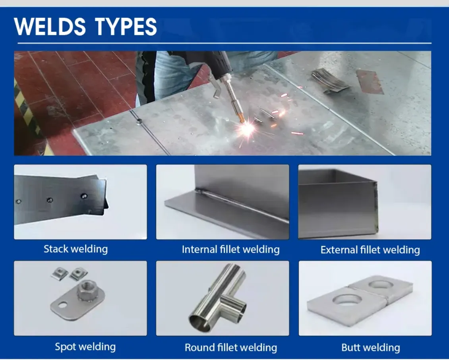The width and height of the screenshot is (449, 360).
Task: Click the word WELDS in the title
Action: (x=50, y=27)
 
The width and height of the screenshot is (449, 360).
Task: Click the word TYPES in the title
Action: (x=126, y=27)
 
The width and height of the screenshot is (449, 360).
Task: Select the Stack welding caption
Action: (x=75, y=249)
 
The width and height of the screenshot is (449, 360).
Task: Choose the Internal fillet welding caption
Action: (x=230, y=250)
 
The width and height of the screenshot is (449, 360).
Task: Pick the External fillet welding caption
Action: (x=370, y=250)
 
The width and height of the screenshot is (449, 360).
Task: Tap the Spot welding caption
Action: (x=85, y=346)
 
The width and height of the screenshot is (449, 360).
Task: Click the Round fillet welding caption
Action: (x=231, y=347)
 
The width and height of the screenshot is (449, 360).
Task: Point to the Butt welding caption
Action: (x=371, y=347)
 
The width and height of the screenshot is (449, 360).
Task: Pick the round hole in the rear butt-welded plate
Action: (x=380, y=284)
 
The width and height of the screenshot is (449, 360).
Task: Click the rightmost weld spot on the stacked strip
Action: (x=84, y=196)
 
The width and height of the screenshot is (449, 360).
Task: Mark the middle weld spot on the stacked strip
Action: (x=50, y=199)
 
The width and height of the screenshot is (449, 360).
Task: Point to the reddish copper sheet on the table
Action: (x=370, y=82)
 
